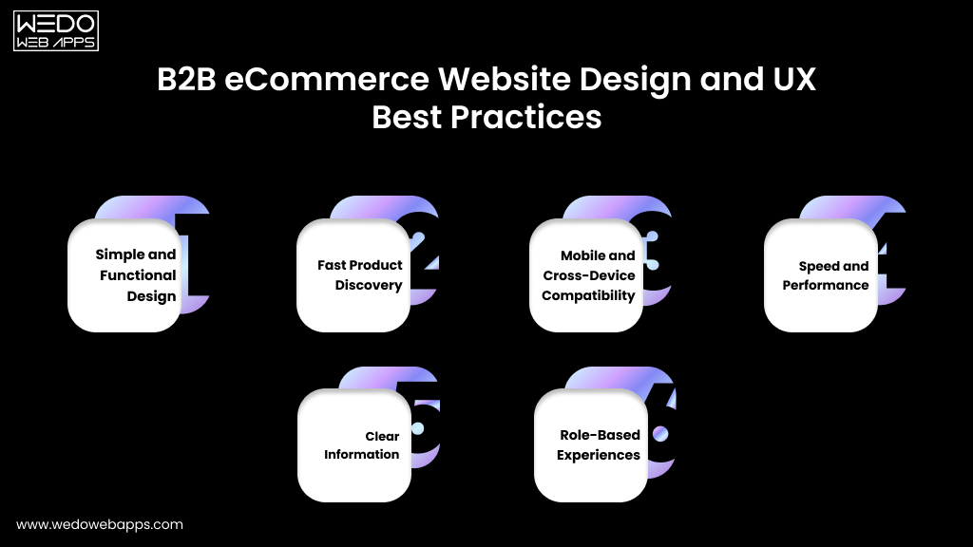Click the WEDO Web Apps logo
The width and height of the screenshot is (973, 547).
point(56,31)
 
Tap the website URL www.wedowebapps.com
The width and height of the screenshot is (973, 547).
point(100,524)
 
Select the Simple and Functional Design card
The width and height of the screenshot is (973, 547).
point(124,275)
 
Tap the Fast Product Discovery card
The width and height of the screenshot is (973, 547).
point(353,275)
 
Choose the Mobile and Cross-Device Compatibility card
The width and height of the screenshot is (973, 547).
point(586,275)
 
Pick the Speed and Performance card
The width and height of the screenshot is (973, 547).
point(821,275)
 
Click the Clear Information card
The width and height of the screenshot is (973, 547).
point(354,445)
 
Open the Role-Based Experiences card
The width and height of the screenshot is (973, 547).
point(590,445)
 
